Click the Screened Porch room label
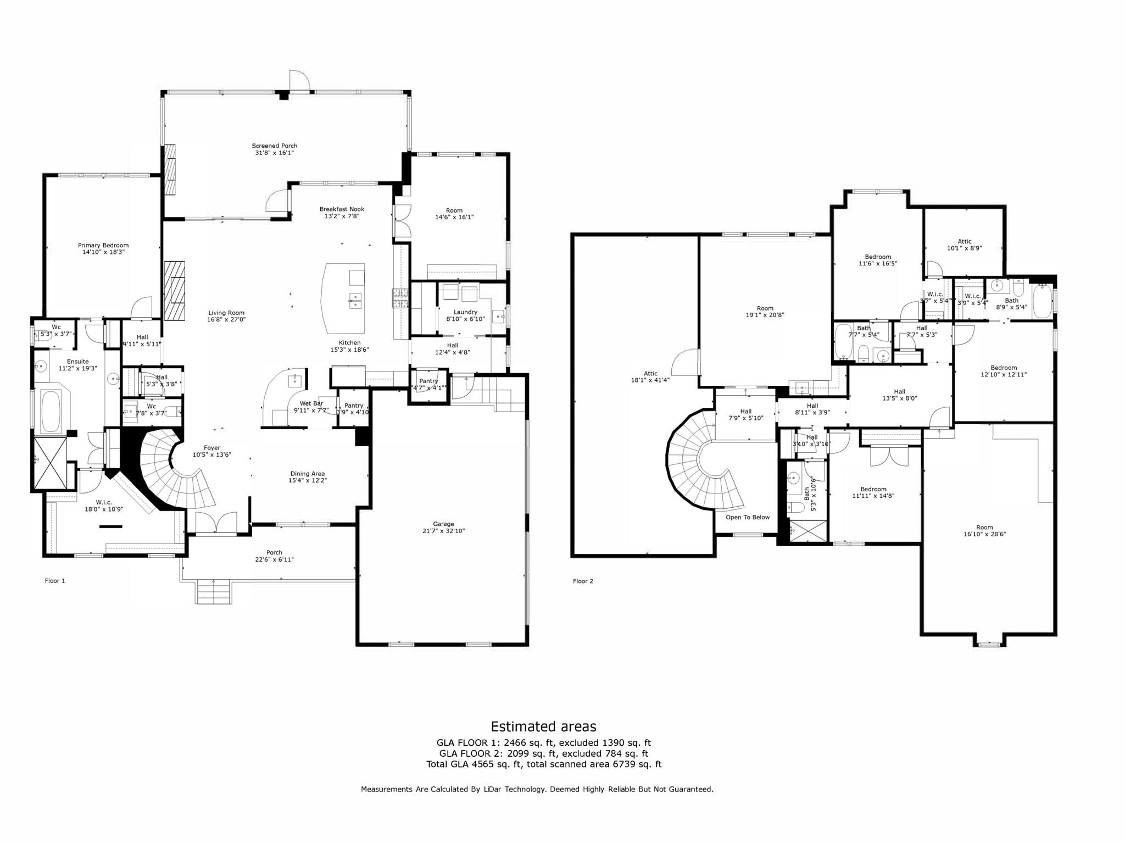pos(274,146)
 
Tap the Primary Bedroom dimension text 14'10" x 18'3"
pos(103,252)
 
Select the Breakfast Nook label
pos(342,209)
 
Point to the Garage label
pos(443,524)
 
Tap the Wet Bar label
pos(311,403)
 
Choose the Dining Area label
pos(307,473)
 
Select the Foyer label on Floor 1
pos(211,448)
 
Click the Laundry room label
pos(465,312)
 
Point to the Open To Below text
pos(748,517)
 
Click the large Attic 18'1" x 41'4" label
pos(650,374)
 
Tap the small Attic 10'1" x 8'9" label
pos(964,241)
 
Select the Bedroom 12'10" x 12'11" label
pos(1003,368)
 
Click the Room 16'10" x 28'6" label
pos(984,527)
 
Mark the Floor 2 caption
pos(583,581)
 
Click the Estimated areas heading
pos(543,726)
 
